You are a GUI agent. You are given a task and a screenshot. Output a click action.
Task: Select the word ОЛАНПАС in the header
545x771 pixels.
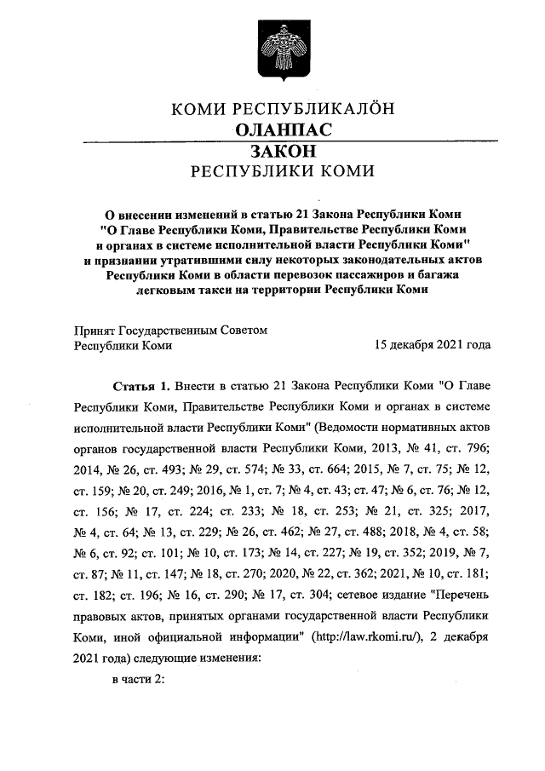click(282, 130)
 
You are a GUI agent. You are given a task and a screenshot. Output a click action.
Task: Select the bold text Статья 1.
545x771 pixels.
click(136, 385)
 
